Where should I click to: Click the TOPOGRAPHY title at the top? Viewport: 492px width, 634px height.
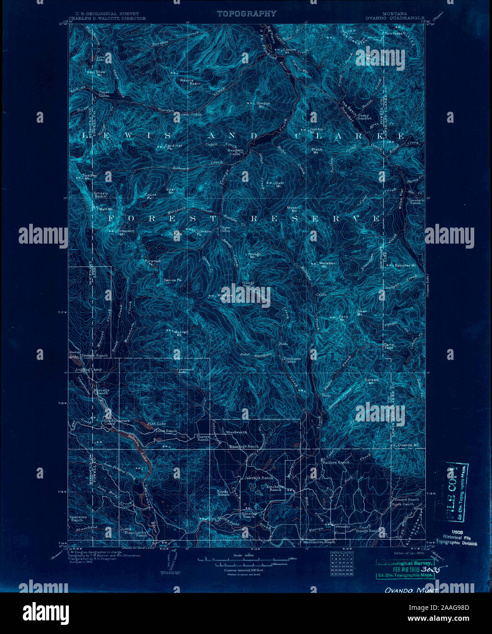246,14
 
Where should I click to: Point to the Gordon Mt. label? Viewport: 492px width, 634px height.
263,104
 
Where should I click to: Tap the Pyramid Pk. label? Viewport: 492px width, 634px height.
153,262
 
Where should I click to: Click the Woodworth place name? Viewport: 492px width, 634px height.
236,432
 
